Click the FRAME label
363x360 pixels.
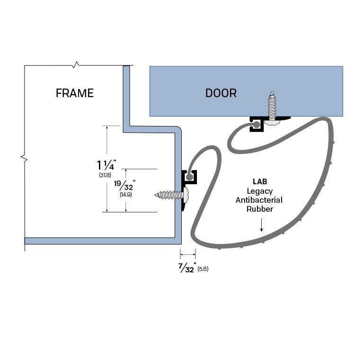tap(75, 93)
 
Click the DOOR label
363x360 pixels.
tap(221, 93)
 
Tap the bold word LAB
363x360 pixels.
tap(259, 182)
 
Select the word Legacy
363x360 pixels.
tap(259, 191)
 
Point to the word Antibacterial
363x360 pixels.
tap(259, 200)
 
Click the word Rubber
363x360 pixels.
tap(259, 209)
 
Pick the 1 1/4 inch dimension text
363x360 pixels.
tap(106, 165)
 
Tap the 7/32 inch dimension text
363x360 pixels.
tap(187, 269)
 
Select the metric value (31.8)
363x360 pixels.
tap(105, 175)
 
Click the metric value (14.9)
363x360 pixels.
tap(126, 194)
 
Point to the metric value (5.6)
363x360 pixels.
tap(203, 269)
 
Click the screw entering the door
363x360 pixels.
tap(273, 107)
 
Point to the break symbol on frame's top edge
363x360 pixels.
tap(76, 64)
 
